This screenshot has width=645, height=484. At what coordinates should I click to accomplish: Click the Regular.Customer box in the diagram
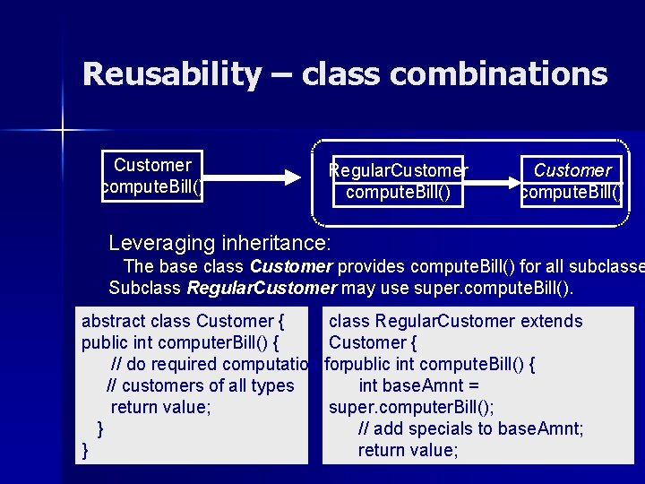(398, 181)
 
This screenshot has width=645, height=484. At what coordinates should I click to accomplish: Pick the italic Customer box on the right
(572, 181)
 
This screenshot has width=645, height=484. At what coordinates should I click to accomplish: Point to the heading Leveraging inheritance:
(219, 242)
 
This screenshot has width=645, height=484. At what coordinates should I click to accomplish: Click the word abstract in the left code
(114, 321)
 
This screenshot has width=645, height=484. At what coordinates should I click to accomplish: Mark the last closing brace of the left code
(85, 450)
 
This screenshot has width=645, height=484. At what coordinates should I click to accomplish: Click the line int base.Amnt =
(418, 385)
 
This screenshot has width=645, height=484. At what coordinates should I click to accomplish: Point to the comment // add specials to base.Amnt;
(470, 428)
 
